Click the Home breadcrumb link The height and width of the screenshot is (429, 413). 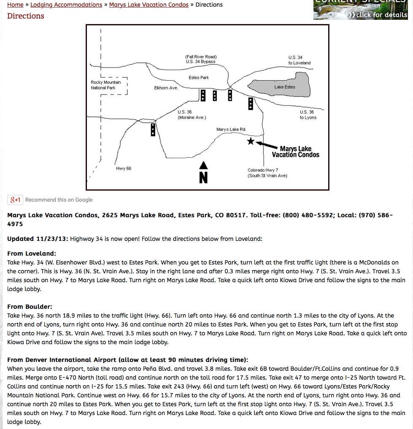(15, 5)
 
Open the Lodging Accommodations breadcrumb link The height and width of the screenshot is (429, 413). (66, 5)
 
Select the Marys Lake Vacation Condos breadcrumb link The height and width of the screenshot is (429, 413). (149, 5)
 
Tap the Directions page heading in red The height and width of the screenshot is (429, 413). (26, 16)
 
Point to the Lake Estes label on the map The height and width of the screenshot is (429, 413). (285, 87)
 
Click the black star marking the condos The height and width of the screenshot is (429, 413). (251, 141)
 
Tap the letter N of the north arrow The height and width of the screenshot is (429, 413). (203, 178)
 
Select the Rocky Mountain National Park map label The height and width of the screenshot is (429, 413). (105, 85)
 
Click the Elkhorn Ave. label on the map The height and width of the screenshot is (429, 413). (166, 88)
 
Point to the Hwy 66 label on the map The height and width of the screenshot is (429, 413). (124, 169)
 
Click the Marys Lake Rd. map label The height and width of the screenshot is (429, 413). (231, 130)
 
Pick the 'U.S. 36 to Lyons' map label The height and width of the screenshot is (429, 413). (308, 115)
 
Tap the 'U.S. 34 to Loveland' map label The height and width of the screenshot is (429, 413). (299, 60)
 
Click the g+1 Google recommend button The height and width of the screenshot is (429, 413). (16, 200)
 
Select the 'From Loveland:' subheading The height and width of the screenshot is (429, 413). (32, 254)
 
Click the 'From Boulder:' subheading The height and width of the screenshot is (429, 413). (30, 307)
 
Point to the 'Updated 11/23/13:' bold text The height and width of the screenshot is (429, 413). (38, 239)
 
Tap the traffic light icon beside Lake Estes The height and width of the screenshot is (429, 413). (251, 104)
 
